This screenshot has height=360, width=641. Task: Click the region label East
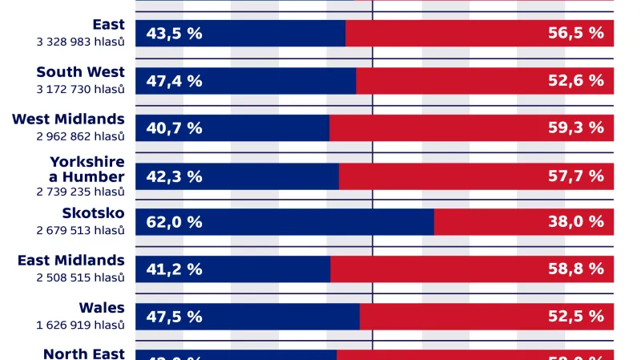pos(108,25)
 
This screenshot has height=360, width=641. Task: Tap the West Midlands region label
pos(68,119)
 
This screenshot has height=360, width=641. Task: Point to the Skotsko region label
pos(93,213)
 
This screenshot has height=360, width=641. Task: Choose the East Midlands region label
pos(71,261)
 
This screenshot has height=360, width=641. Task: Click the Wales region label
pos(102,308)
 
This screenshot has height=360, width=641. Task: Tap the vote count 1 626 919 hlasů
pos(80,325)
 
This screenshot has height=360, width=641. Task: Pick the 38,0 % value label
pos(575,222)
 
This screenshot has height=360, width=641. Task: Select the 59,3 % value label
pos(575,128)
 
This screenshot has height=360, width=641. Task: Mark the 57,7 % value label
pos(575,176)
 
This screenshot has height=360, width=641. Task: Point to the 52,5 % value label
pos(575,317)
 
